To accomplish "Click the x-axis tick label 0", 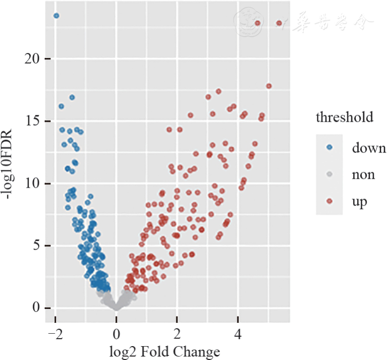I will [116, 333].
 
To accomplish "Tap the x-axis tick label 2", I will [177, 333].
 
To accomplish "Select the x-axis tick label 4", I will [238, 333].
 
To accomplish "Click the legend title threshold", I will [344, 117].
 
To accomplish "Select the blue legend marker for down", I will [330, 148].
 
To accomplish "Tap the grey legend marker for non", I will [330, 174].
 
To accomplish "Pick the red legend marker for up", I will [330, 202].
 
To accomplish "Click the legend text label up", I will [359, 203].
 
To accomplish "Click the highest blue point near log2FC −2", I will [56, 16].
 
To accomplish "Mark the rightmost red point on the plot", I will [279, 23].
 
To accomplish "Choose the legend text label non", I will [363, 175].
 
